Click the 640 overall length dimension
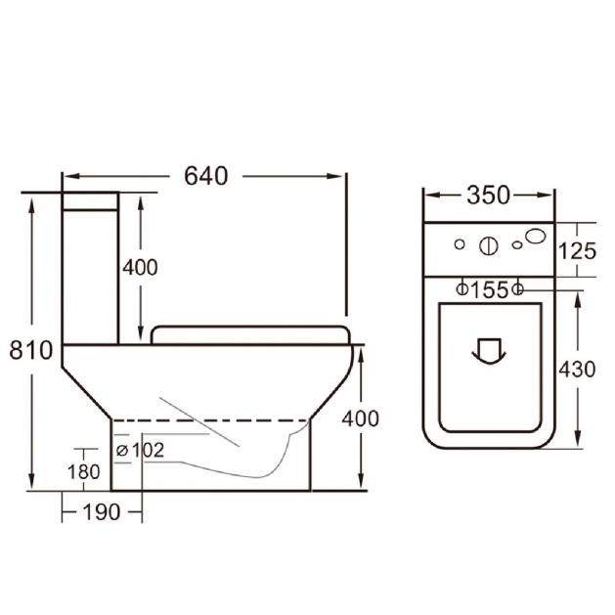206,176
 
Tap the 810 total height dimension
30,350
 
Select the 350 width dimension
488,195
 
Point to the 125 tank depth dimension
577,251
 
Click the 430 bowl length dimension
577,369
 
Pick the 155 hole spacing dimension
489,289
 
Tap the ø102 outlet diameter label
141,451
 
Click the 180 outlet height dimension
83,471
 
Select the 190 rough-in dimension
101,511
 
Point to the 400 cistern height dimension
140,268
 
